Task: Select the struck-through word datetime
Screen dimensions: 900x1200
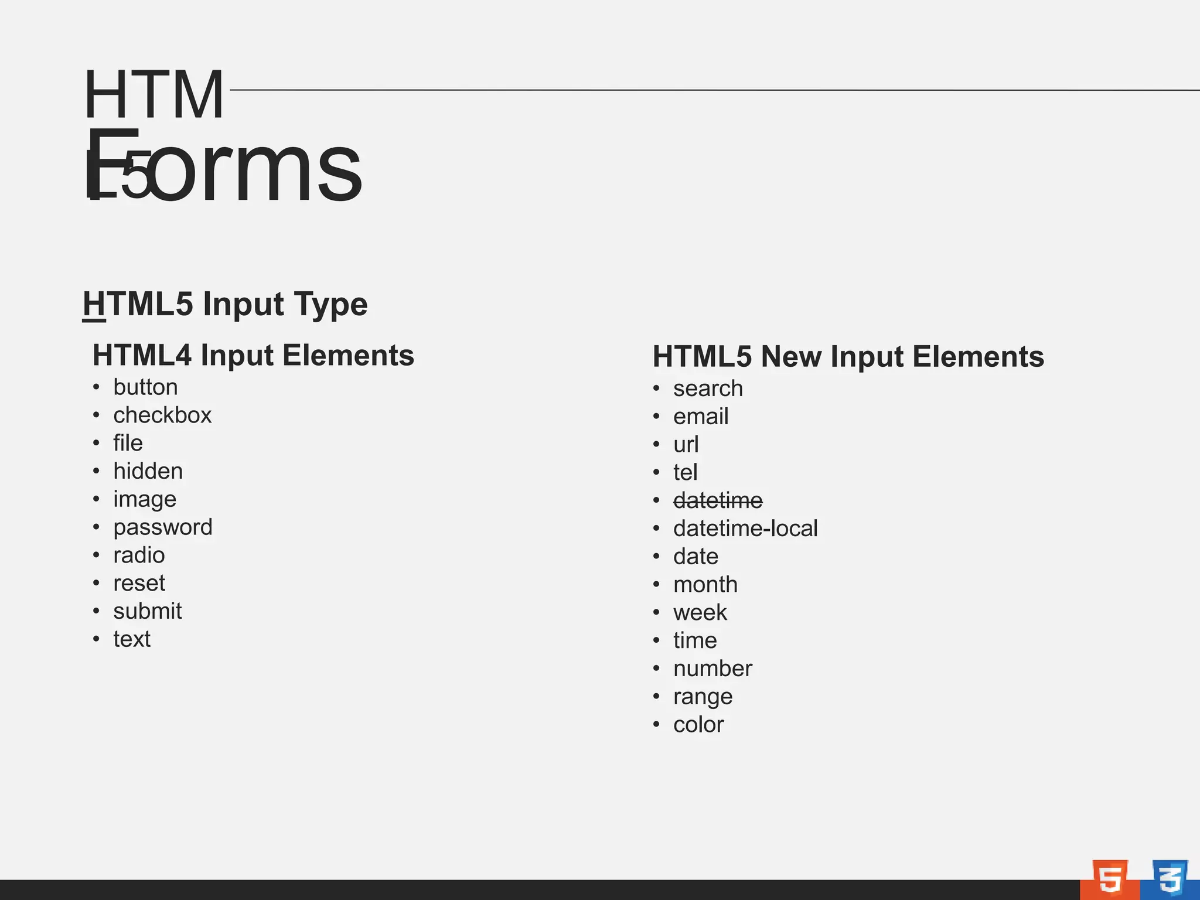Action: point(718,500)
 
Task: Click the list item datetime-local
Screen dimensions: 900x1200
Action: point(745,529)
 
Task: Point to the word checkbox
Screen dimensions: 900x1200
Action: point(162,415)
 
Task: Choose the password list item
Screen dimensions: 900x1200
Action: point(163,527)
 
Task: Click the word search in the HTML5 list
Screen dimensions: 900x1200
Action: point(708,388)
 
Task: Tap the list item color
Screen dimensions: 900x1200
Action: point(698,725)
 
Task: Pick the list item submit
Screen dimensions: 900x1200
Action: point(148,611)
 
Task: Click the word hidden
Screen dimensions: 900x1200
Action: point(148,471)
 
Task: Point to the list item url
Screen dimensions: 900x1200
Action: point(686,445)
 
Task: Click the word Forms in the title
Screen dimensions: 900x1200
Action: point(223,167)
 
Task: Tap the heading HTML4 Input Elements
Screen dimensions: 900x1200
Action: point(253,355)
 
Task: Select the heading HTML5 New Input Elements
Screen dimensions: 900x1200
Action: point(848,356)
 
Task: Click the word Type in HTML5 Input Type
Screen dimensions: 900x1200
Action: point(331,304)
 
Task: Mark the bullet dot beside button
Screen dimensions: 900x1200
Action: point(96,387)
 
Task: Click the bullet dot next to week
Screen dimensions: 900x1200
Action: point(656,613)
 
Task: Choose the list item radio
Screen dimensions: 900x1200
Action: point(139,555)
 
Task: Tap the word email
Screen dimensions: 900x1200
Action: point(701,417)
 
